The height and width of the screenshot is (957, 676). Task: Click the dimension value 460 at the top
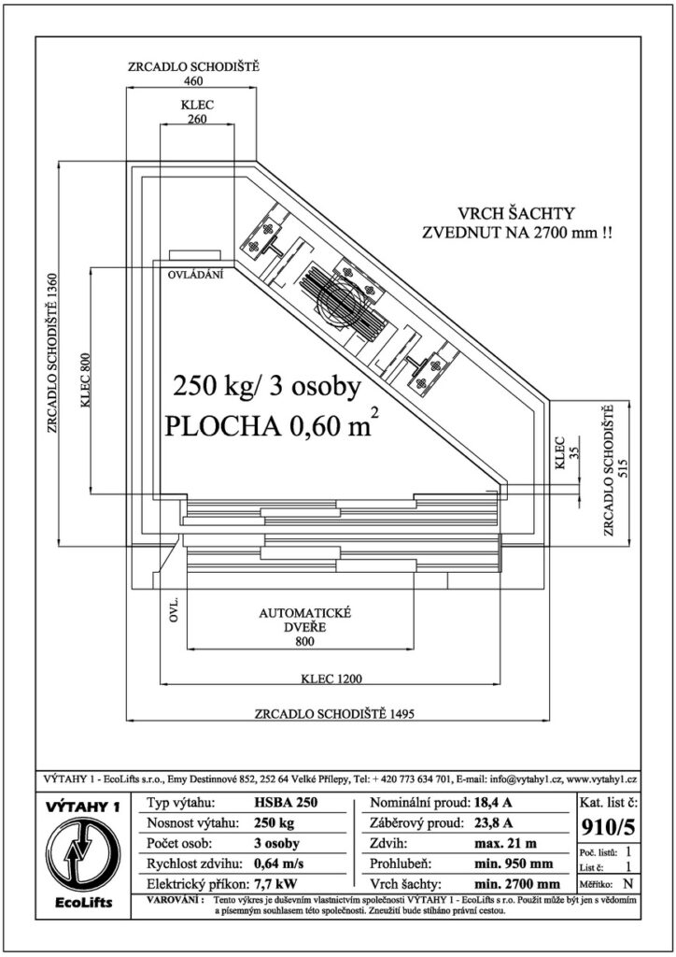[192, 80]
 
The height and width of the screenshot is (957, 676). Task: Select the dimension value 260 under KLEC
[197, 119]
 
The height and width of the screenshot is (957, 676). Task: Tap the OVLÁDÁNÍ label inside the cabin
[196, 275]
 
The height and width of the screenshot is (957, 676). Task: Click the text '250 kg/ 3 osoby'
[268, 387]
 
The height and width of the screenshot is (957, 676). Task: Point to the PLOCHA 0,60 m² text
[268, 425]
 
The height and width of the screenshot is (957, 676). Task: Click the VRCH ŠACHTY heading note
[516, 214]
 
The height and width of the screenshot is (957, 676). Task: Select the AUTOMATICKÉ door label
[304, 613]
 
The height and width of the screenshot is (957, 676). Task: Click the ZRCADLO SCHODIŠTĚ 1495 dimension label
[334, 713]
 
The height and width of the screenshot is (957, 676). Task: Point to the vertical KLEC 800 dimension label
[84, 381]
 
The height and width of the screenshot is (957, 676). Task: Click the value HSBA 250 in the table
[286, 802]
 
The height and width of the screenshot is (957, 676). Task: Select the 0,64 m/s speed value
[278, 864]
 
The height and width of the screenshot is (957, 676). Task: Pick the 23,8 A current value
[493, 822]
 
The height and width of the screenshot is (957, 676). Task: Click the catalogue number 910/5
[609, 827]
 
